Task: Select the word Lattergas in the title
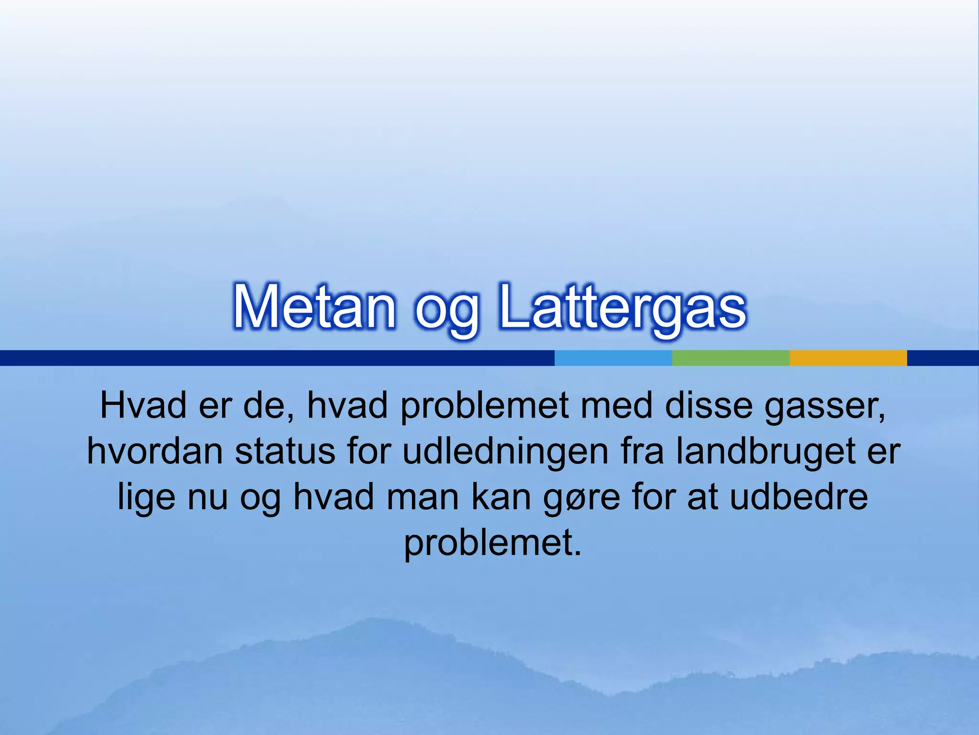[621, 306]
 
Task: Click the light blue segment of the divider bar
[613, 358]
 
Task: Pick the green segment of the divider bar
[730, 358]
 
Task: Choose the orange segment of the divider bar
[848, 358]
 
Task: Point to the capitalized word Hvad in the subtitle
[143, 406]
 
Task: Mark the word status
[285, 451]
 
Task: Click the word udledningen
[505, 452]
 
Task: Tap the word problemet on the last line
[492, 543]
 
